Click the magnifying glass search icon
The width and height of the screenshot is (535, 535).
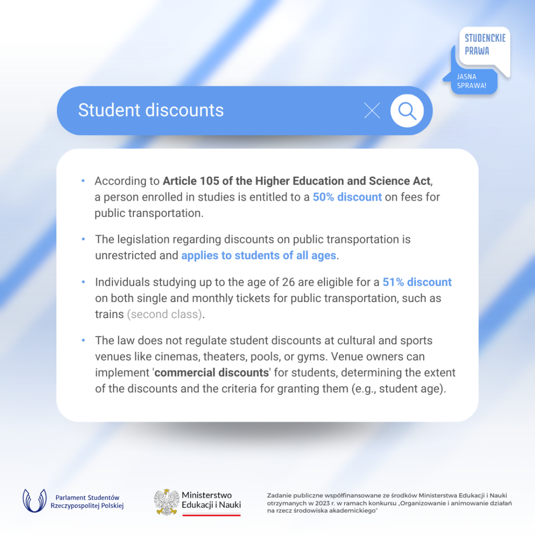tap(407, 110)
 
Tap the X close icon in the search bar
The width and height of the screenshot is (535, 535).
tap(372, 110)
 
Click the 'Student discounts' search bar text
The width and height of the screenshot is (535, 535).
tap(151, 110)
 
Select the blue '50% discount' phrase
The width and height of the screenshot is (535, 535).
tap(347, 197)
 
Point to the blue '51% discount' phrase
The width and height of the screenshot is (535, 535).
tap(417, 282)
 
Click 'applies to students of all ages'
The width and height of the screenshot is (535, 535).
tap(259, 255)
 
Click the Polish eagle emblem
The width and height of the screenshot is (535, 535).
tap(167, 502)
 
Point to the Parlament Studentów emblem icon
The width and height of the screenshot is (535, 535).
tap(34, 501)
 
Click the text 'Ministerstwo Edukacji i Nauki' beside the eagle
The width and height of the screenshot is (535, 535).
tap(211, 500)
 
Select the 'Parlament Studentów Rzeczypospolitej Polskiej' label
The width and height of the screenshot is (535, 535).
tap(87, 502)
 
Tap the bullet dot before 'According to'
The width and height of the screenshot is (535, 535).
tap(83, 181)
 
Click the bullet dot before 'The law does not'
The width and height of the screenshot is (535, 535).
tap(83, 341)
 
